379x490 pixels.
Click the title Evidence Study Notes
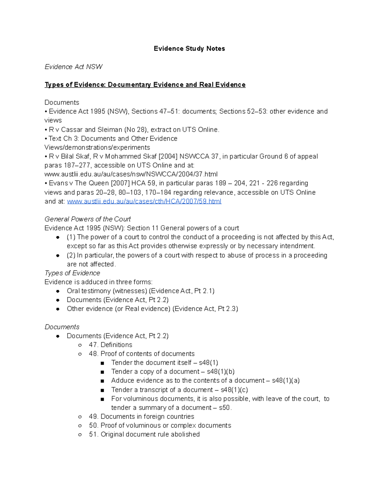coord(189,49)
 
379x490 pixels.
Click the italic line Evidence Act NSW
coord(74,67)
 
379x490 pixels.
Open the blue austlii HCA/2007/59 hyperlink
coord(144,201)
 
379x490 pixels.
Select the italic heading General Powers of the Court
coord(87,219)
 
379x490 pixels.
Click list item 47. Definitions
coord(111,345)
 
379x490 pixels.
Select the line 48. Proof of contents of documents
coord(141,354)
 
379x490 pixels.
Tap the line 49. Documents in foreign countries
coord(141,416)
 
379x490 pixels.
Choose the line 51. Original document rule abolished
coord(144,434)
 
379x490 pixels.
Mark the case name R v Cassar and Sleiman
coord(86,130)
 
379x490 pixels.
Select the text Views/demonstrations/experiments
coord(97,148)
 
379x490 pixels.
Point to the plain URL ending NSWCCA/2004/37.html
coord(131,174)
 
